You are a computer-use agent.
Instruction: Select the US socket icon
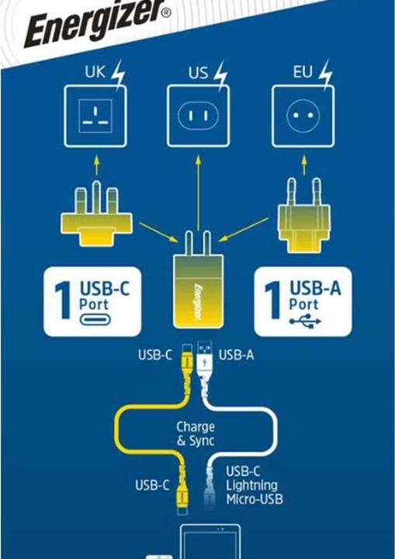point(199,116)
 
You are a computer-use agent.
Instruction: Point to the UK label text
point(94,74)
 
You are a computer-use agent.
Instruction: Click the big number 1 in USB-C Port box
point(63,301)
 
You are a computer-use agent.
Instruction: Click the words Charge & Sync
point(195,434)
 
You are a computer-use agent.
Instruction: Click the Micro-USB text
point(255,498)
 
